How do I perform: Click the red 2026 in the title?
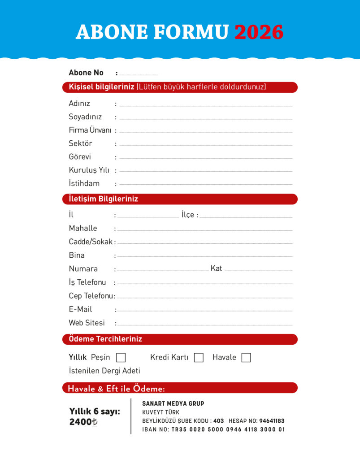tap(259, 32)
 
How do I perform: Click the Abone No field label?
tap(86, 73)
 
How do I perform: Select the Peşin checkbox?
tap(121, 358)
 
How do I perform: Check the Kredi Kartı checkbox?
tap(199, 358)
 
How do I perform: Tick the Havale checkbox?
tap(246, 358)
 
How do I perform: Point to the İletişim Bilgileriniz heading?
tap(103, 199)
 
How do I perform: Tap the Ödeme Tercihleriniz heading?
tap(105, 339)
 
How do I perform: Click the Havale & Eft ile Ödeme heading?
tap(116, 388)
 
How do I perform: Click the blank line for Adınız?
tap(206, 105)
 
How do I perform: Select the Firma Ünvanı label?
tap(90, 130)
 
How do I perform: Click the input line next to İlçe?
tap(246, 217)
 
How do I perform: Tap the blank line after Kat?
tap(258, 270)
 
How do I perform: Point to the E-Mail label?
tap(80, 309)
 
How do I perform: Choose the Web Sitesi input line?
tap(205, 325)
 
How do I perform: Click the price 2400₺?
tap(83, 422)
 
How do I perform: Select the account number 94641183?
tap(272, 421)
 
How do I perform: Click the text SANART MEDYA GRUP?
tap(173, 403)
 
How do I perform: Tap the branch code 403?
tap(218, 421)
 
